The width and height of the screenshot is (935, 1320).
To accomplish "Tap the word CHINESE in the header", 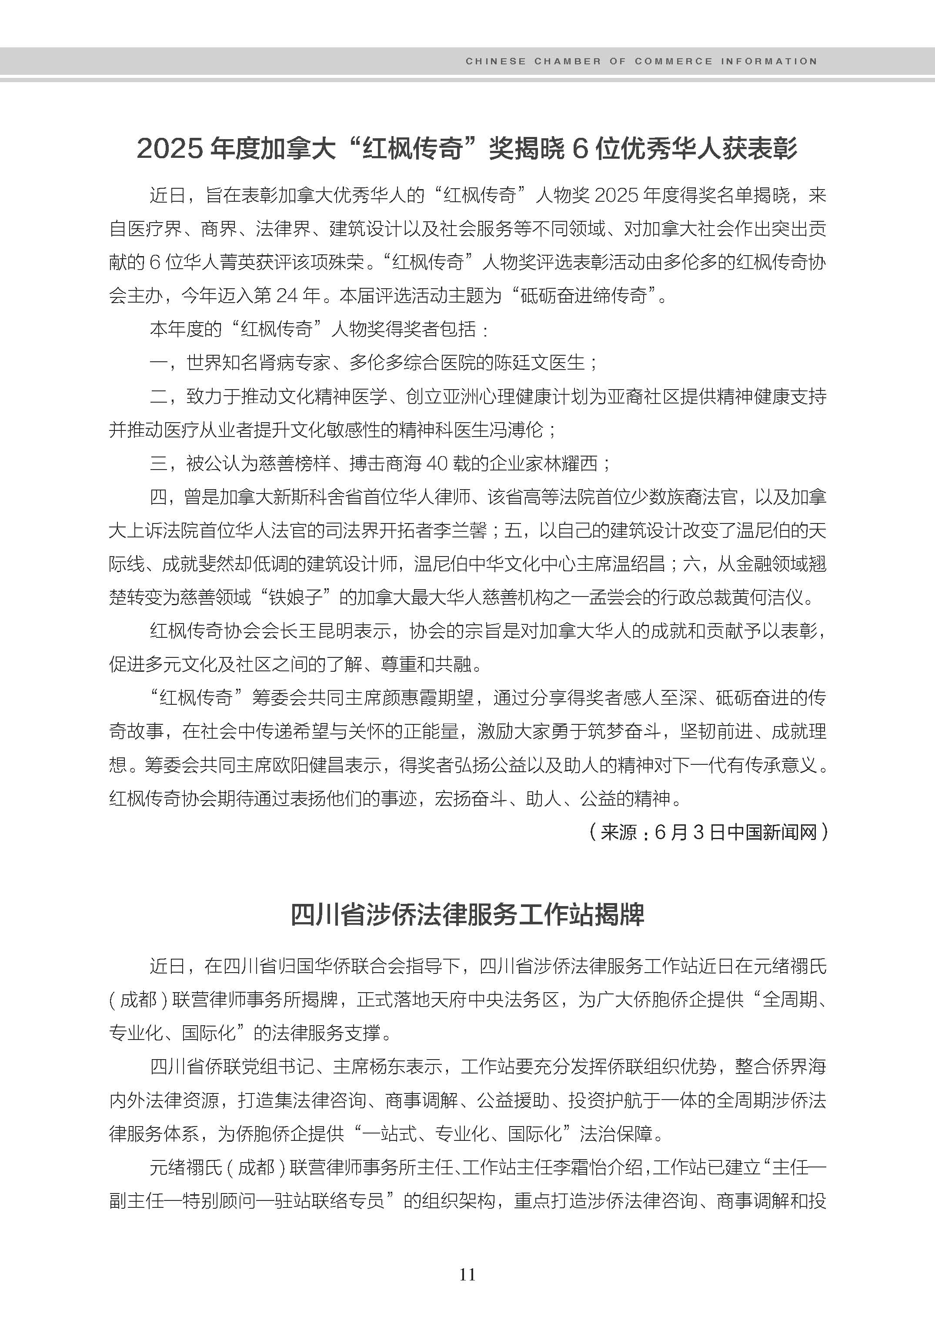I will click(x=496, y=61).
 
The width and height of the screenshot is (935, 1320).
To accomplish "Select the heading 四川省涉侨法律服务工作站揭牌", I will click(x=467, y=915).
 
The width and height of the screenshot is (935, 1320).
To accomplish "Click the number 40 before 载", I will click(x=438, y=463).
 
